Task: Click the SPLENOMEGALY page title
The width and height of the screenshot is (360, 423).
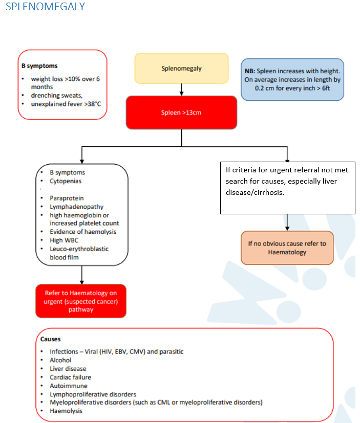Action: (45, 7)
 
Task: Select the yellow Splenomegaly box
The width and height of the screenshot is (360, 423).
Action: (181, 68)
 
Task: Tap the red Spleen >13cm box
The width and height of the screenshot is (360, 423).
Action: (181, 112)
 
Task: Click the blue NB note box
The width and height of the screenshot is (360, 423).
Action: (292, 79)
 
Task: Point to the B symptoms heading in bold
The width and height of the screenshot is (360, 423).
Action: (39, 66)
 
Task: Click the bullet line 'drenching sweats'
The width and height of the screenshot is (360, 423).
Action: (57, 96)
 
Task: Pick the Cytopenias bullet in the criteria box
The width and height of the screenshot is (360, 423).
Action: (65, 181)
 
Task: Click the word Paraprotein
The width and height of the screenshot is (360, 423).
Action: (67, 198)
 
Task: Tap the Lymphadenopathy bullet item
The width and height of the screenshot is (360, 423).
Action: (76, 207)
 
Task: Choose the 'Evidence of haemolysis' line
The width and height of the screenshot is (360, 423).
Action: (82, 232)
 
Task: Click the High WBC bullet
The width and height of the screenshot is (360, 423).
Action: (64, 240)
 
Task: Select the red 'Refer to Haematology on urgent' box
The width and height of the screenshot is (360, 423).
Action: (81, 301)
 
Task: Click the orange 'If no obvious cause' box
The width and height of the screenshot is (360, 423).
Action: (287, 248)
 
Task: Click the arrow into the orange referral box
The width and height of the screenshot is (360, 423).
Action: (287, 222)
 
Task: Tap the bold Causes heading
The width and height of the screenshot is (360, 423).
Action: (51, 339)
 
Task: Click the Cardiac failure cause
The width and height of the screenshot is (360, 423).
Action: (70, 377)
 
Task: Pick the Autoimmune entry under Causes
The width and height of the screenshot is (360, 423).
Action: (68, 386)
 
